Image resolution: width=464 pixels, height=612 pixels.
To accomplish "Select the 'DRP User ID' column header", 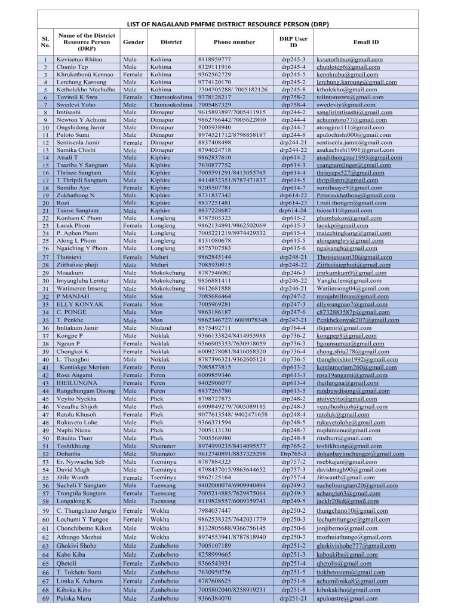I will tap(293, 42).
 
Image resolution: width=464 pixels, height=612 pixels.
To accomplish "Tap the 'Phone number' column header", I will tap(234, 42).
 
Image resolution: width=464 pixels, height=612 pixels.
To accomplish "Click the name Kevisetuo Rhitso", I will tap(79, 60).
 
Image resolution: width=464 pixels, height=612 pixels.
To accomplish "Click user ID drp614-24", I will tap(293, 210).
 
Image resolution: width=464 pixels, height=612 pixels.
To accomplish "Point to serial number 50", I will tap(45, 437).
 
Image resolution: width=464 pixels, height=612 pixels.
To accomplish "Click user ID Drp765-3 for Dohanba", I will tap(293, 454).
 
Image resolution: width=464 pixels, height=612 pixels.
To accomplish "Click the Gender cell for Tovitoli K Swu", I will tap(133, 96).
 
